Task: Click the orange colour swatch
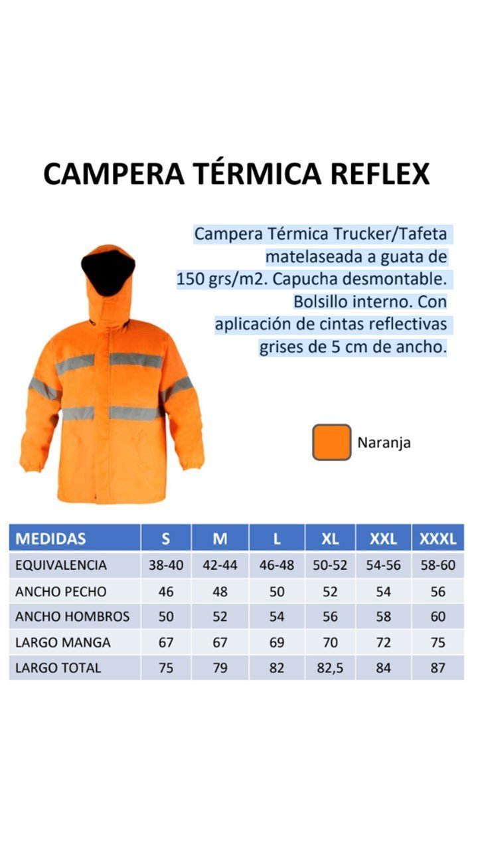(x=331, y=442)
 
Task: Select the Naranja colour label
(x=384, y=443)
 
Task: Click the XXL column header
(x=383, y=539)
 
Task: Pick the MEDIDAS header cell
(x=50, y=539)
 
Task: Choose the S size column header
(x=166, y=539)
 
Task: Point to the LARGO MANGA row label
(x=63, y=643)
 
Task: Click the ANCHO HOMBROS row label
(x=72, y=617)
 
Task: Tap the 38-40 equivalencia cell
(x=166, y=566)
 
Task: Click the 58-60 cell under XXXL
(x=438, y=566)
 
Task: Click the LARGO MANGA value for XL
(x=330, y=643)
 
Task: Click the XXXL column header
(x=438, y=539)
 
